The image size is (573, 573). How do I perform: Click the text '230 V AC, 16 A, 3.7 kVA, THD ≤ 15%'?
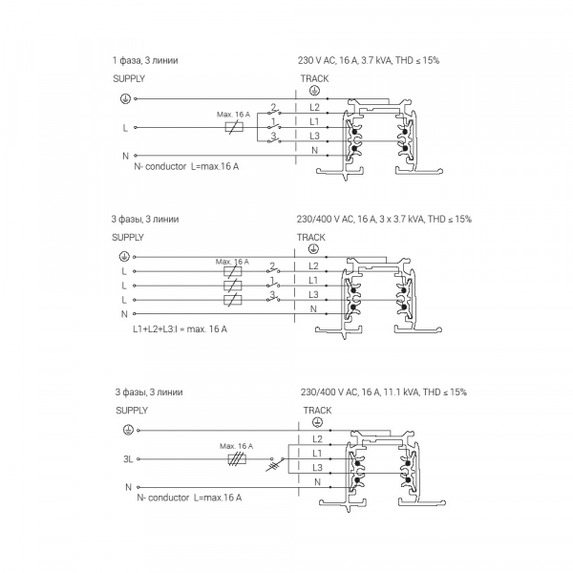(x=368, y=60)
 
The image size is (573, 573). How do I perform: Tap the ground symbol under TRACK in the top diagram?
(x=314, y=91)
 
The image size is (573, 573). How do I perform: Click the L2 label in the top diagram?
(x=314, y=109)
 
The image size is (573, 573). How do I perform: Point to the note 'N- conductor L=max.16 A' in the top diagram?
(x=186, y=167)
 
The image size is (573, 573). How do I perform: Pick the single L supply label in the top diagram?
(x=125, y=126)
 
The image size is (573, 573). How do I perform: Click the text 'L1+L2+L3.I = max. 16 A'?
(x=186, y=329)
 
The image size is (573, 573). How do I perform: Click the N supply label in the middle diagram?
(x=124, y=313)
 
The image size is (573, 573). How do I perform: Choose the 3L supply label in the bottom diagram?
(x=128, y=459)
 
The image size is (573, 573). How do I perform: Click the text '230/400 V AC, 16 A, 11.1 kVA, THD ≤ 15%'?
(x=383, y=392)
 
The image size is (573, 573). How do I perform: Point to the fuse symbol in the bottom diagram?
(x=234, y=459)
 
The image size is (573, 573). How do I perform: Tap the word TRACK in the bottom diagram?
(x=317, y=410)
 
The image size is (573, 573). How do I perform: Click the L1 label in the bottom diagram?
(x=317, y=452)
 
